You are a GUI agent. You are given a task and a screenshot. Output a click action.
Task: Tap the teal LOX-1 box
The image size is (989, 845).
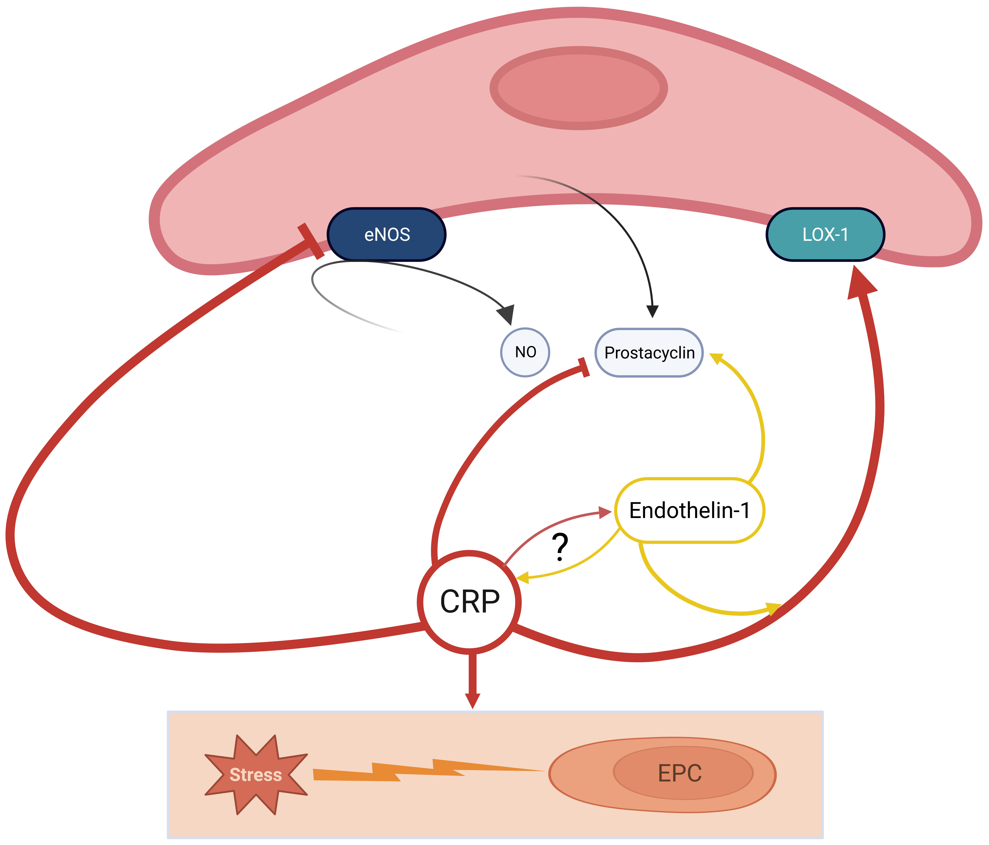point(825,234)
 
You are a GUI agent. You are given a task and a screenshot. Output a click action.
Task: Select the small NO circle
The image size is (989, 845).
point(525,352)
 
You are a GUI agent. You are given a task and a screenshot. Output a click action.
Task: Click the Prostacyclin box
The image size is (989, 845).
point(649,353)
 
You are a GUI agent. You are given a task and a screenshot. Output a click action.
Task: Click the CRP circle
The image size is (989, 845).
point(469,602)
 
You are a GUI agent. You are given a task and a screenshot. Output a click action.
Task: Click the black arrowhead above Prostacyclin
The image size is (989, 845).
point(652,311)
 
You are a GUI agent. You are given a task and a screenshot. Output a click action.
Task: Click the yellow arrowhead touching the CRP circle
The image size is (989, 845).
point(523,578)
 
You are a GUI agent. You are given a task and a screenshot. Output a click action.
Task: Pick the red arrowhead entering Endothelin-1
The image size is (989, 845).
point(605,512)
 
